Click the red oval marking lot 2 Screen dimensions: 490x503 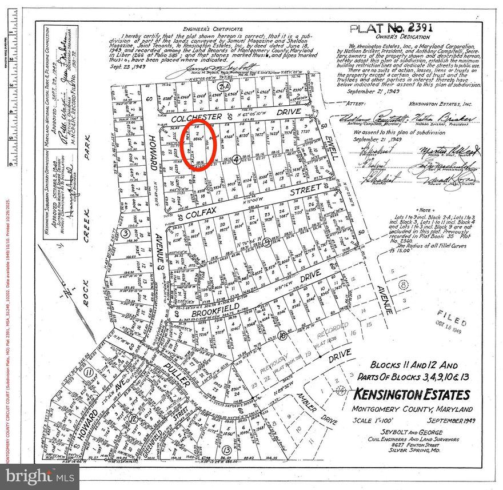199,142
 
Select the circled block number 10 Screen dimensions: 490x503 281,335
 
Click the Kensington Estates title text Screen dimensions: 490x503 412,395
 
